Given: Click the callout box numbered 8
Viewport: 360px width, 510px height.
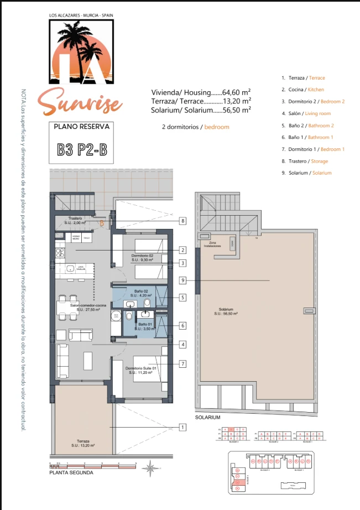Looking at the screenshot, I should pyautogui.click(x=182, y=221).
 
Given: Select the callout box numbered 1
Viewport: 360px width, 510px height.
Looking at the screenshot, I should pyautogui.click(x=182, y=427).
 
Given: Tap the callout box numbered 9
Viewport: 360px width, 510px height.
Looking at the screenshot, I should pyautogui.click(x=182, y=280).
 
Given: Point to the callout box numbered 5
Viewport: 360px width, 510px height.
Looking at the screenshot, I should pyautogui.click(x=182, y=297).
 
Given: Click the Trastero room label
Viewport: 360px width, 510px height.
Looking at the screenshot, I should pyautogui.click(x=75, y=221).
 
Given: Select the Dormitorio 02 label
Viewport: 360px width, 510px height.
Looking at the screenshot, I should pyautogui.click(x=142, y=257).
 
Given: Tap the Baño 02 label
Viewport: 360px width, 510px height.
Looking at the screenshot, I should pyautogui.click(x=141, y=293).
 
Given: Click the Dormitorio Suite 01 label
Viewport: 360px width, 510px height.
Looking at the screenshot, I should pyautogui.click(x=141, y=370).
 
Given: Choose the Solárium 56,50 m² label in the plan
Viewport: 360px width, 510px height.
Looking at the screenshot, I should pyautogui.click(x=226, y=311).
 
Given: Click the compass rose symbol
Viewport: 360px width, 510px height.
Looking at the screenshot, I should pyautogui.click(x=149, y=469).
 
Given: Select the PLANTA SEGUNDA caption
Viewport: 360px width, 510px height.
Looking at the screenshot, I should pyautogui.click(x=71, y=473).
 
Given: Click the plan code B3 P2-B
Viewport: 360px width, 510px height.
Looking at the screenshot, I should pyautogui.click(x=82, y=150).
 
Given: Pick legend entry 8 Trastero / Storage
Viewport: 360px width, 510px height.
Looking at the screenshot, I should pyautogui.click(x=305, y=161).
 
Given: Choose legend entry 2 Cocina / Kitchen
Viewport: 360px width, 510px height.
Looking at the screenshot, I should pyautogui.click(x=302, y=89).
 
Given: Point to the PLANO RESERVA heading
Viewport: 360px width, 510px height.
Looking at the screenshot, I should pyautogui.click(x=81, y=126).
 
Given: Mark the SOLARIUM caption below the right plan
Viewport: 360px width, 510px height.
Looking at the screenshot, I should pyautogui.click(x=208, y=417).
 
